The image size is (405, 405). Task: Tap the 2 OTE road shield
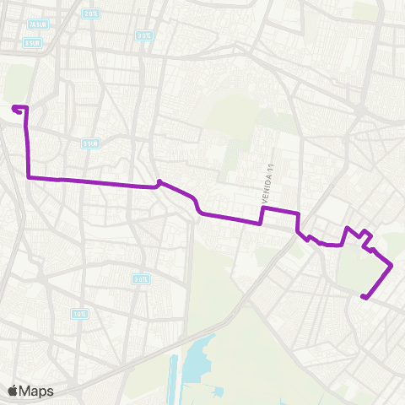click(x=91, y=13)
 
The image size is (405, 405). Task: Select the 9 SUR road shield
click(x=90, y=143)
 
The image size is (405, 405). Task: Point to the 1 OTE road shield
click(x=78, y=313)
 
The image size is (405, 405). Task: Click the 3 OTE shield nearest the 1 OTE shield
click(x=140, y=278)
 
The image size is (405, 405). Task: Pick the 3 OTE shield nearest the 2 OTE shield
click(x=144, y=35)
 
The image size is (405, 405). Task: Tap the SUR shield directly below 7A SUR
click(x=33, y=42)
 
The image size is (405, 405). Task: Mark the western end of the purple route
click(x=14, y=107)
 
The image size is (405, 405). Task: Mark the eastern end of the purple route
click(x=362, y=296)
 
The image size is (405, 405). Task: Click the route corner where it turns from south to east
click(x=30, y=177)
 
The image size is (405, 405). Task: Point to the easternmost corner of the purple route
click(x=392, y=266)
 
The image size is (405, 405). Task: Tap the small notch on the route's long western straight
click(x=159, y=182)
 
